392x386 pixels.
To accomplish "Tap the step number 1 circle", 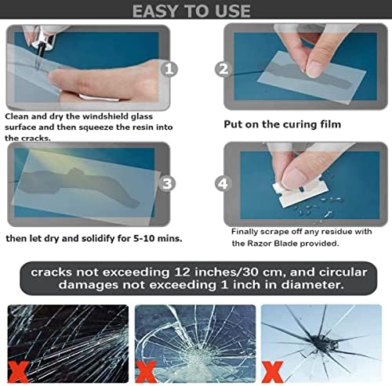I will click(x=169, y=68).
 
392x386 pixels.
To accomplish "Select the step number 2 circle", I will click(x=223, y=69).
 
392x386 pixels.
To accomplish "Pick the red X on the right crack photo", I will click(x=272, y=368).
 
